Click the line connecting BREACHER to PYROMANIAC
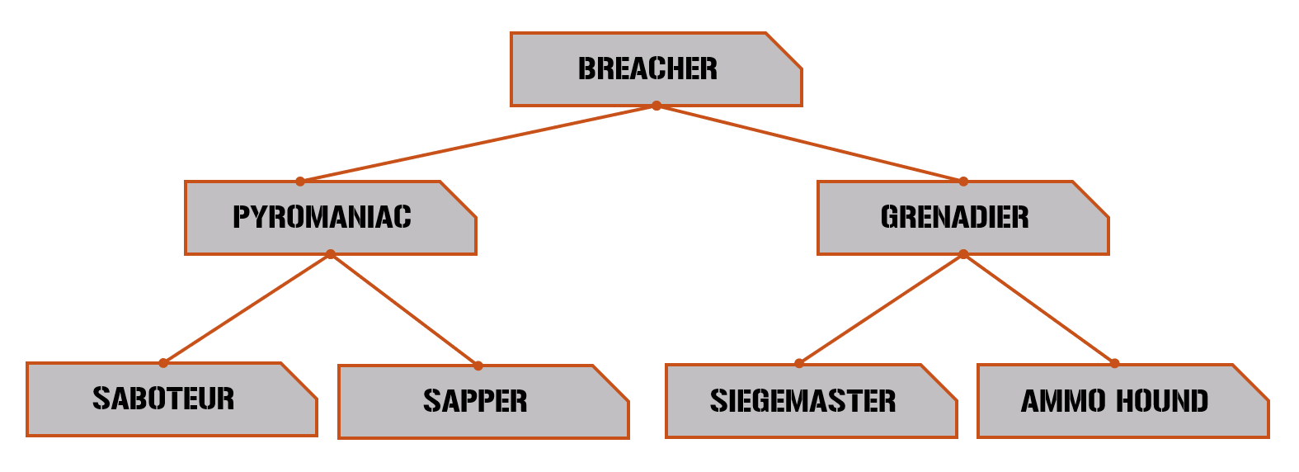point(478,144)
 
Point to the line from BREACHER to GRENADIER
point(810,144)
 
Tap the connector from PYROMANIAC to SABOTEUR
point(247,309)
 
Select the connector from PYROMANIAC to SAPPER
point(404,309)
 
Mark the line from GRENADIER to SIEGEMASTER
point(881,309)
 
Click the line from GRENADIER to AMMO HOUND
point(1039,309)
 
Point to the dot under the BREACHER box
point(657,106)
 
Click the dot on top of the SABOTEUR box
point(163,363)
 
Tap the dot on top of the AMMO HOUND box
point(1114,363)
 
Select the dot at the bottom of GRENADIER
point(963,254)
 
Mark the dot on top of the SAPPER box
point(478,366)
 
